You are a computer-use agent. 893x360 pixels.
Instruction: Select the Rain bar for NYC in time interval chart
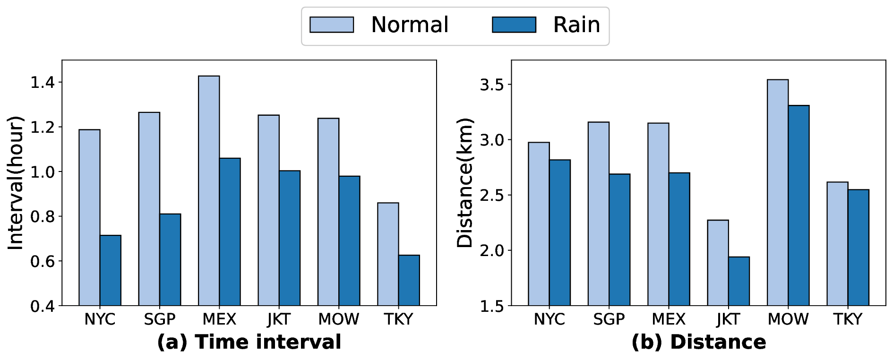(111, 270)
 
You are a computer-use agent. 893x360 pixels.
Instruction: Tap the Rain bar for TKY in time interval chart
(409, 280)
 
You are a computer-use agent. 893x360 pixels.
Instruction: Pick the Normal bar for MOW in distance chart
(777, 192)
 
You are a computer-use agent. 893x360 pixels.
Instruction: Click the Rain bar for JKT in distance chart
(738, 281)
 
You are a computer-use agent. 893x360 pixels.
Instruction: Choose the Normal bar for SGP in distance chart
(598, 214)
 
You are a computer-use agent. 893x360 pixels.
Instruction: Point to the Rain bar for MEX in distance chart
(679, 239)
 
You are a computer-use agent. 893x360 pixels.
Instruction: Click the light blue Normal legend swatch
(331, 25)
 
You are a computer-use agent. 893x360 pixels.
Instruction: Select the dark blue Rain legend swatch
(514, 25)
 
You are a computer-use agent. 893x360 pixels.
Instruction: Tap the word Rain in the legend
(576, 25)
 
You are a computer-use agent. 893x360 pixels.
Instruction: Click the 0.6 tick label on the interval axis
(42, 261)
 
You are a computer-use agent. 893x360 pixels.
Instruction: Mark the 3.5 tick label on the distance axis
(492, 85)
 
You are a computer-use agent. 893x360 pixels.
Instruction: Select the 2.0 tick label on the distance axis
(492, 251)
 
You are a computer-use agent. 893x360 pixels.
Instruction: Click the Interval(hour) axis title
(16, 183)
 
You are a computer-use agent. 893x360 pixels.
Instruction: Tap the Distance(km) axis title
(465, 183)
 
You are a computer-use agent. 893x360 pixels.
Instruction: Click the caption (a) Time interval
(249, 342)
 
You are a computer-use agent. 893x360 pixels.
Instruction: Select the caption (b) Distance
(699, 342)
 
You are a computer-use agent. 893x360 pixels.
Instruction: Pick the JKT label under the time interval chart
(279, 320)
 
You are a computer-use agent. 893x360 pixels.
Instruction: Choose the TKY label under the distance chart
(848, 320)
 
